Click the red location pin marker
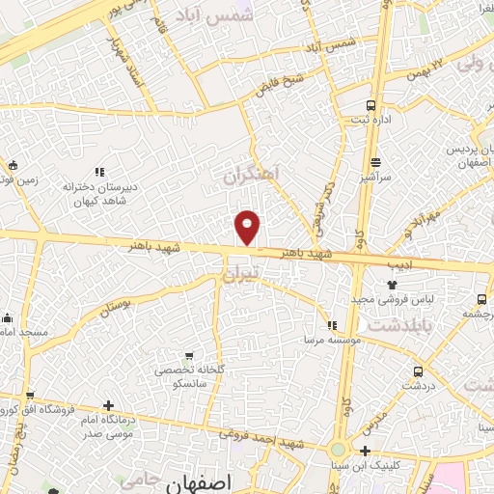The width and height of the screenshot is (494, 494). click(x=248, y=227)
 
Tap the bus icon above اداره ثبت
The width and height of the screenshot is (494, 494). click(x=371, y=106)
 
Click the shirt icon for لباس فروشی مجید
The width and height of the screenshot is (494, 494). click(x=392, y=285)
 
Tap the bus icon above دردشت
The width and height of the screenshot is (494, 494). click(x=418, y=371)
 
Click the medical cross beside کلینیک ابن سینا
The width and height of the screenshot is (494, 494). click(x=365, y=451)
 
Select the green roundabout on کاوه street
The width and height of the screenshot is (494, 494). click(x=338, y=450)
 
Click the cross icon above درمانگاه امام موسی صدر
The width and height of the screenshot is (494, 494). click(x=108, y=405)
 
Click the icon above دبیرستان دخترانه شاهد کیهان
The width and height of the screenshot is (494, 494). click(x=98, y=171)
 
